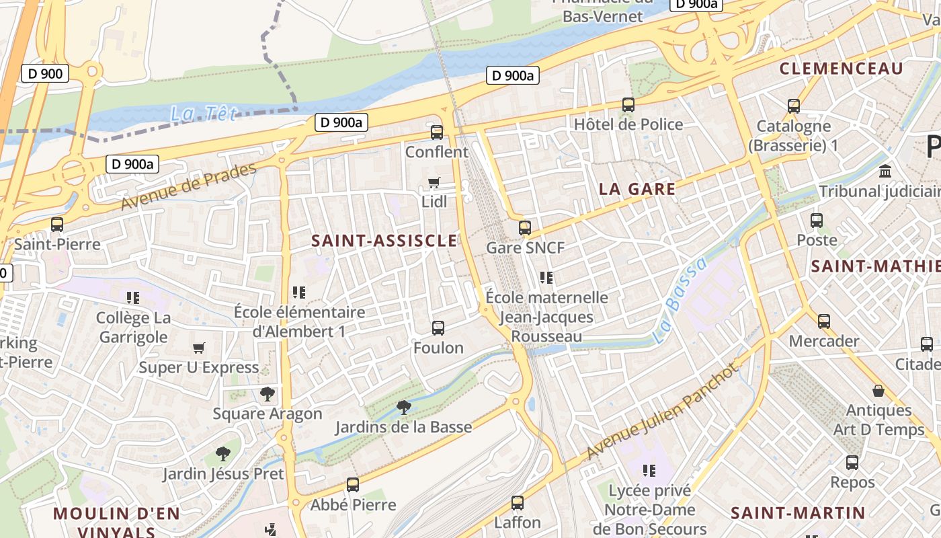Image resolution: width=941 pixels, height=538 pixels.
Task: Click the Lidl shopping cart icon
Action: tap(434, 183)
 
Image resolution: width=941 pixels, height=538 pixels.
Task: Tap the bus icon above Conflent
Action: tap(437, 132)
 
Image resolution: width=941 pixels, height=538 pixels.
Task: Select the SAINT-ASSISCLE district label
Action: tap(384, 241)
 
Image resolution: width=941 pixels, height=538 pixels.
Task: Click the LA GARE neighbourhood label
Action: tap(637, 189)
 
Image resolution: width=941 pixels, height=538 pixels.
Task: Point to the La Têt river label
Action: tap(204, 114)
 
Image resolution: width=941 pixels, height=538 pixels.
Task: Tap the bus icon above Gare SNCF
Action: tap(524, 228)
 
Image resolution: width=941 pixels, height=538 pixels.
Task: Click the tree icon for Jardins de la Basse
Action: tap(403, 407)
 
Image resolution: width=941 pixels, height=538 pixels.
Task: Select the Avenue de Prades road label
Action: tap(189, 186)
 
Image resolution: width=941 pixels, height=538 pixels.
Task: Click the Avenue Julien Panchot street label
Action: tap(663, 412)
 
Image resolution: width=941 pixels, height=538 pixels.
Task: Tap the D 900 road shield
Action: tap(45, 73)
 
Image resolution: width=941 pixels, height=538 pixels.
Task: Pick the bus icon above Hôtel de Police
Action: tap(628, 105)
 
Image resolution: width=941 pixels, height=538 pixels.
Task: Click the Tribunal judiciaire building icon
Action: tap(885, 171)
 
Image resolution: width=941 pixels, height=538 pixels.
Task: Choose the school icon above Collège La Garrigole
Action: tap(132, 297)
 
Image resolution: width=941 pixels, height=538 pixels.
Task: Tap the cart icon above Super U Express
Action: tap(198, 348)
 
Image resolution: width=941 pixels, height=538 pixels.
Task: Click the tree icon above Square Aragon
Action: tap(268, 394)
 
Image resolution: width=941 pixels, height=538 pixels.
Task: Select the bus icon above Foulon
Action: tap(438, 328)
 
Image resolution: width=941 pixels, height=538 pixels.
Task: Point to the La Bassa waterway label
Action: tap(680, 300)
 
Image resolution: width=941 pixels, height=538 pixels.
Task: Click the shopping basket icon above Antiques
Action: tap(878, 391)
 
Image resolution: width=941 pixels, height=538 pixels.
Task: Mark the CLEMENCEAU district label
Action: tap(841, 69)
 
